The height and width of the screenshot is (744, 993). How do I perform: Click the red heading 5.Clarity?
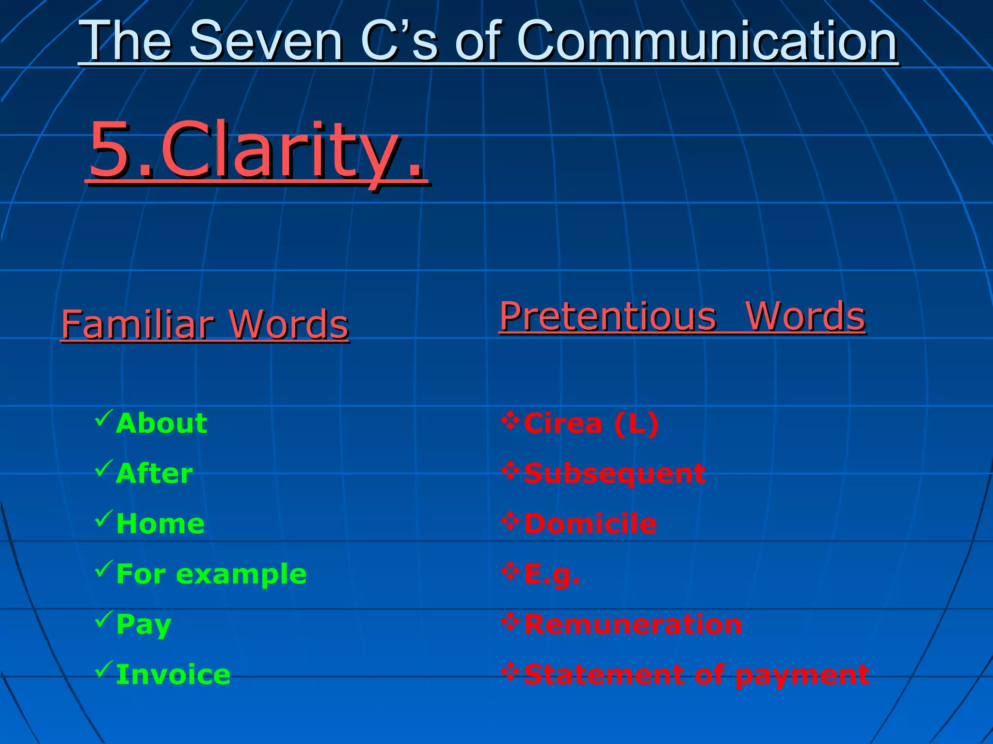pyautogui.click(x=257, y=150)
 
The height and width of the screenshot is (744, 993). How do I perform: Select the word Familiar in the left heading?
pyautogui.click(x=138, y=324)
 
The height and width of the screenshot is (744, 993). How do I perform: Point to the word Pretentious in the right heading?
pyautogui.click(x=608, y=316)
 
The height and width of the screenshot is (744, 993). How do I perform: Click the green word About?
pyautogui.click(x=161, y=423)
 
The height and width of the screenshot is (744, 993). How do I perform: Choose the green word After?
pyautogui.click(x=154, y=473)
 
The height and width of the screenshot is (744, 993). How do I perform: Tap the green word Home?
pyautogui.click(x=160, y=524)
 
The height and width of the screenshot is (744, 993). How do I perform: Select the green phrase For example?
pyautogui.click(x=211, y=574)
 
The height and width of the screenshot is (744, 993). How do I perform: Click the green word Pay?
pyautogui.click(x=144, y=624)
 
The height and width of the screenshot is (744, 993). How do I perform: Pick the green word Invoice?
pyautogui.click(x=173, y=675)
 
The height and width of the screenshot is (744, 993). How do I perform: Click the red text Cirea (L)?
pyautogui.click(x=591, y=423)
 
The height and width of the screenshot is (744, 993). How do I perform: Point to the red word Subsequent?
pyautogui.click(x=614, y=473)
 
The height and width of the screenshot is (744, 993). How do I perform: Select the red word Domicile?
pyautogui.click(x=590, y=524)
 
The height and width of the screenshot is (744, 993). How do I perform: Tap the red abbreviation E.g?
pyautogui.click(x=552, y=574)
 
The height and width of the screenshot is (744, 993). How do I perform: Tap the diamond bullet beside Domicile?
pyautogui.click(x=510, y=521)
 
